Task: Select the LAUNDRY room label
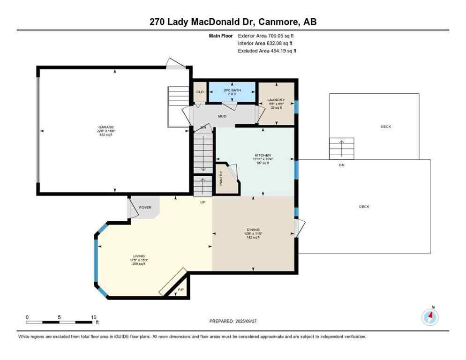(276, 100)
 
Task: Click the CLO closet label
(200, 92)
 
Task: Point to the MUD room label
(222, 116)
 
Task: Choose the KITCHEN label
(263, 155)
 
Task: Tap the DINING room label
(253, 230)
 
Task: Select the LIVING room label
(139, 256)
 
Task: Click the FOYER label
(145, 207)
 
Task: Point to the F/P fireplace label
(181, 290)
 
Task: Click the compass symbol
(429, 317)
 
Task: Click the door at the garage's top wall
(176, 64)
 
